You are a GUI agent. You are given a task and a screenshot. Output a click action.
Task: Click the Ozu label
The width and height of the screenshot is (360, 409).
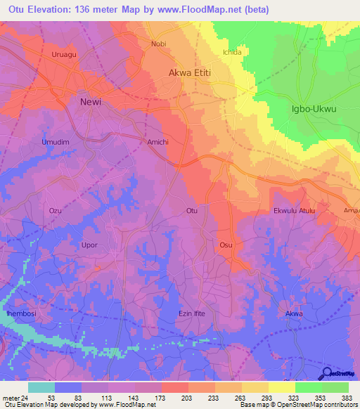[56, 211]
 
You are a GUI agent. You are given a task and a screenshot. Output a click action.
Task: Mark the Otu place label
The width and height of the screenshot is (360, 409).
[191, 211]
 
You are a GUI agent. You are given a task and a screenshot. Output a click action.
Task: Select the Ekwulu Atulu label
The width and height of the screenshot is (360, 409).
[294, 211]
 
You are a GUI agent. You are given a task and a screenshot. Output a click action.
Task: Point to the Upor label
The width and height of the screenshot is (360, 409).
[89, 245]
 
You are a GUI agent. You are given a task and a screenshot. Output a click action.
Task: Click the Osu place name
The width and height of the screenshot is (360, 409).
[226, 245]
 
